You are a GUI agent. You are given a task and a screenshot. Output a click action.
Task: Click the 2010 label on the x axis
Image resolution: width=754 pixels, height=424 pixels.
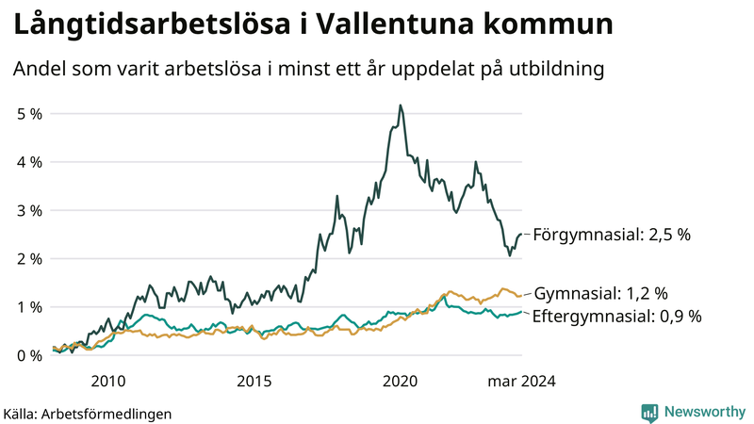coord(107,382)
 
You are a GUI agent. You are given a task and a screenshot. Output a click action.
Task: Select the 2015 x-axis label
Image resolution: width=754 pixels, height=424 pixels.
coord(254,382)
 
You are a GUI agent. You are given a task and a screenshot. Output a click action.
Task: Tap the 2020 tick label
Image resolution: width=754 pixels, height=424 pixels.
coord(400,382)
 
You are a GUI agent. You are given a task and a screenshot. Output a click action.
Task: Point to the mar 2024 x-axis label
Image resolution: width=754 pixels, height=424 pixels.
coord(520,382)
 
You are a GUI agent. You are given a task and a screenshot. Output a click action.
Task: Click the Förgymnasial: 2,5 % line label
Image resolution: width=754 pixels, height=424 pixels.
coord(612,235)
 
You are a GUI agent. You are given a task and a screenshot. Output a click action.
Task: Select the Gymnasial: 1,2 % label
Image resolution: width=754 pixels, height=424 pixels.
coord(601,293)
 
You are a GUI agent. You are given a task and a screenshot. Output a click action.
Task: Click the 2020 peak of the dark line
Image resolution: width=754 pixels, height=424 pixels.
coord(401,106)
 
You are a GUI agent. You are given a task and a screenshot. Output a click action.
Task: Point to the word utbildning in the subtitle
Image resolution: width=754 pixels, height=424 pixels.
coord(555,70)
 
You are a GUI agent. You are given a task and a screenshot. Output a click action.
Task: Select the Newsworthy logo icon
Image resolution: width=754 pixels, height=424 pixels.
coord(649,412)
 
